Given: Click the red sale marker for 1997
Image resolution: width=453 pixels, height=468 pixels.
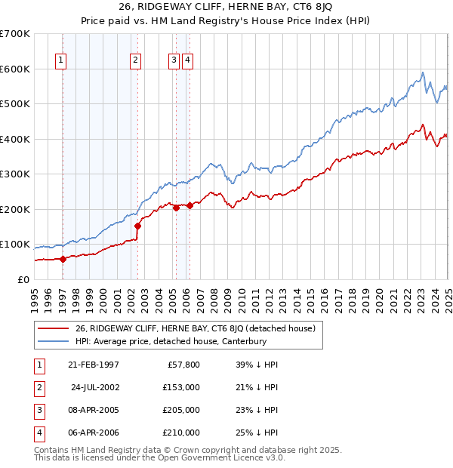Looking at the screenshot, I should (63, 259).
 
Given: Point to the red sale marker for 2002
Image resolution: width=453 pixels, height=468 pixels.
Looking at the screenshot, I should (138, 226).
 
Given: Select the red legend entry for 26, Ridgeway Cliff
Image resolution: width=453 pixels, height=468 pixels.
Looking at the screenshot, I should (199, 328).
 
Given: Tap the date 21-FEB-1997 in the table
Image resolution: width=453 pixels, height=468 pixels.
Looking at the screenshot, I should (93, 365).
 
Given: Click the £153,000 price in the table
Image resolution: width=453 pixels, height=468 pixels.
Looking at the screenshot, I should (181, 387).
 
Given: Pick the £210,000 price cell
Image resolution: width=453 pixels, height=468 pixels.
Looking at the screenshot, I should (181, 433).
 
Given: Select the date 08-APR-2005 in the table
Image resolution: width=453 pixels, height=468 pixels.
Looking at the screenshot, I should (93, 410).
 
